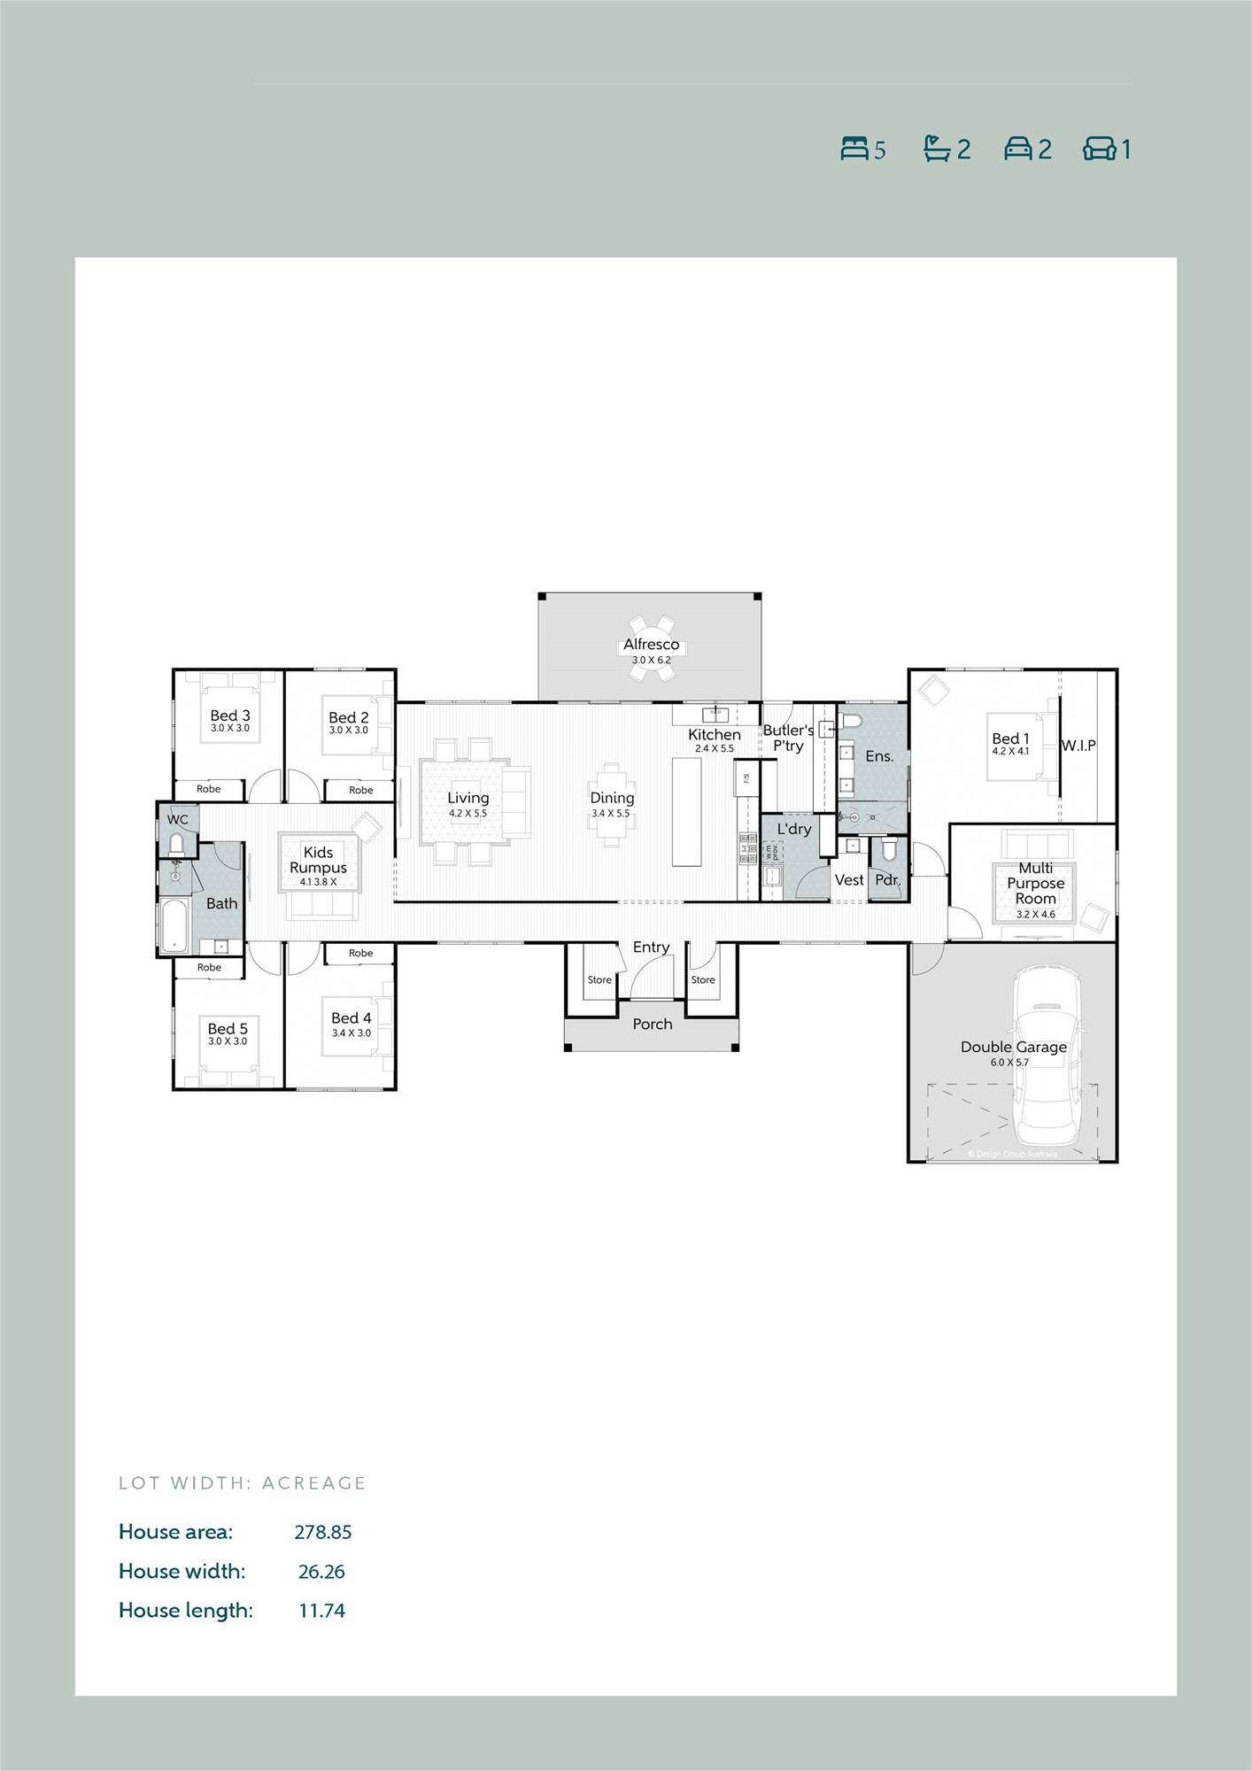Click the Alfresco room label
tap(651, 645)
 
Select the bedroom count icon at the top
tap(854, 149)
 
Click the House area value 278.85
tap(322, 1532)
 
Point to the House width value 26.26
tap(321, 1572)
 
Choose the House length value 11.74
tap(321, 1611)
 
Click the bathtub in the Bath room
tap(174, 926)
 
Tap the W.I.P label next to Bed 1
tap(1078, 746)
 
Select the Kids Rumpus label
tap(318, 860)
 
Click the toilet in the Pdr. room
tap(887, 852)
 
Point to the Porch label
tap(652, 1025)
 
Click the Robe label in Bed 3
tap(209, 789)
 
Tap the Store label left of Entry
tap(599, 980)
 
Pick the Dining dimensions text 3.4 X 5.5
tap(611, 813)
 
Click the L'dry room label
tap(793, 829)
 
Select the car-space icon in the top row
tap(1017, 149)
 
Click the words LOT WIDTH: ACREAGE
tap(242, 1483)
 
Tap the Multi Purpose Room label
tap(1035, 883)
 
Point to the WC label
tap(178, 820)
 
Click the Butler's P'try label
tap(788, 738)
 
